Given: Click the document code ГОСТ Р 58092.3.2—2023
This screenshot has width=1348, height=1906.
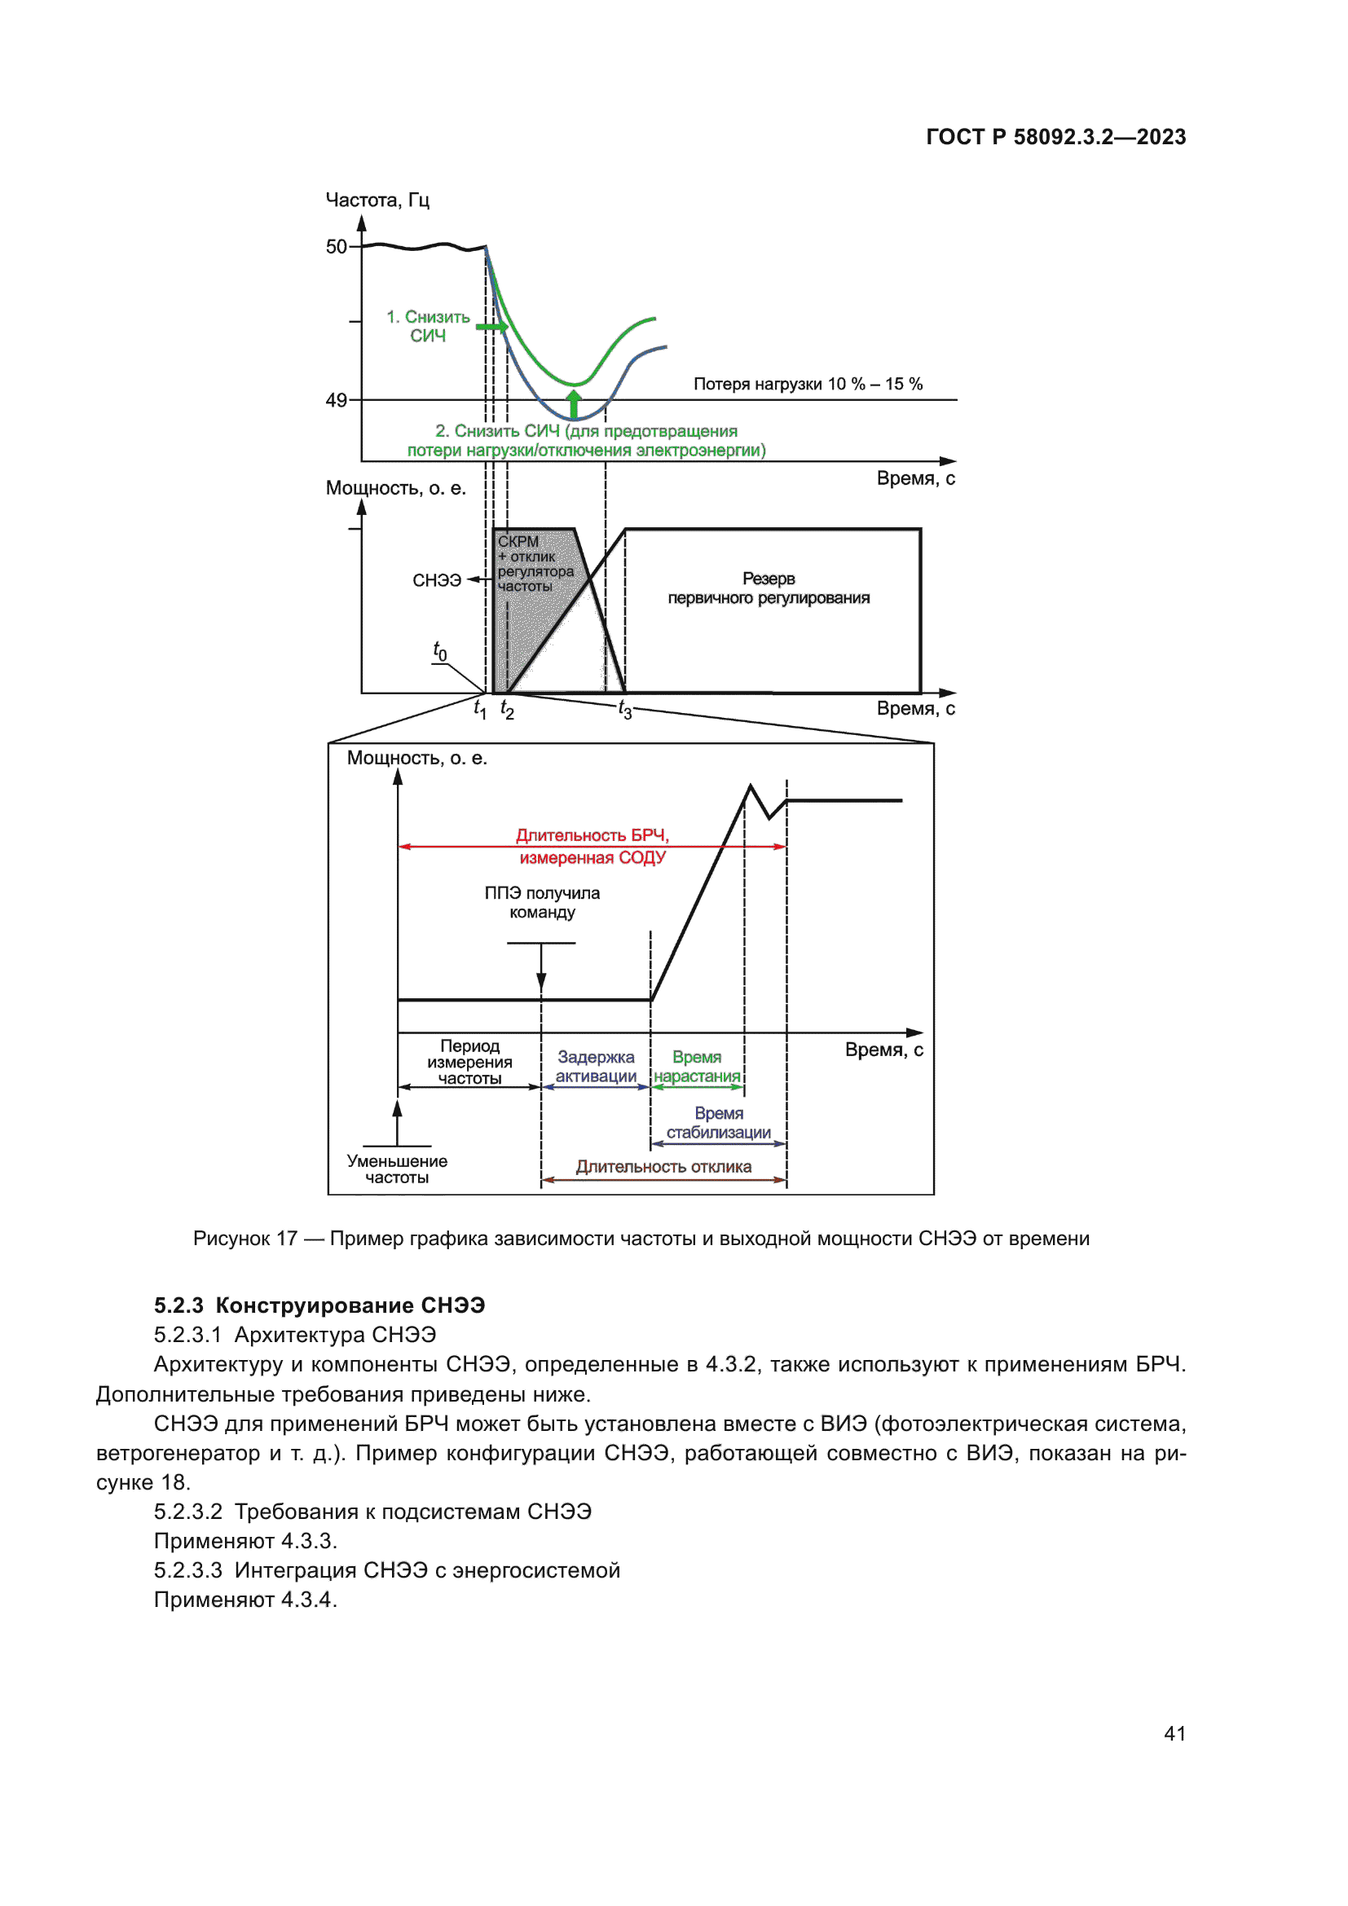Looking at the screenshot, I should click(x=1055, y=137).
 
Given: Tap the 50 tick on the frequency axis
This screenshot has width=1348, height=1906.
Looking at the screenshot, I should click(x=336, y=247).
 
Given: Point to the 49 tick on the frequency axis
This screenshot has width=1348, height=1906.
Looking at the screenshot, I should click(x=336, y=400).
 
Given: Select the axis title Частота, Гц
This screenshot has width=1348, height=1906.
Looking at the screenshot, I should click(x=377, y=200).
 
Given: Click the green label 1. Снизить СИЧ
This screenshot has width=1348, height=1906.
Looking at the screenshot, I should click(x=429, y=326).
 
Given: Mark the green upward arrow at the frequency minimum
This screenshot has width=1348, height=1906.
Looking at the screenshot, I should click(x=574, y=403).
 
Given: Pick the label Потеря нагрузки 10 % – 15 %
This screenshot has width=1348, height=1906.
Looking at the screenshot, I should click(x=808, y=385).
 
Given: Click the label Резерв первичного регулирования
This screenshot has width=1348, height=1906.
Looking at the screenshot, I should click(x=769, y=588).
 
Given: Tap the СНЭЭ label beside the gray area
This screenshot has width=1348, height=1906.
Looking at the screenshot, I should click(x=437, y=580).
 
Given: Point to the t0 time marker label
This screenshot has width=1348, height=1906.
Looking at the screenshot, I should click(x=440, y=651).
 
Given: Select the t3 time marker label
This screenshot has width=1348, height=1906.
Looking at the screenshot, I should click(x=625, y=710).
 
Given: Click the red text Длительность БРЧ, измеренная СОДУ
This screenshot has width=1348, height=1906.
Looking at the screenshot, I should click(x=593, y=846).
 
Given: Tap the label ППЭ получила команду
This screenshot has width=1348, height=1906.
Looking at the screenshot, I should click(x=542, y=902).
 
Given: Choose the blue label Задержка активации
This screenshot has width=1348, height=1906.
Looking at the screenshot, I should click(x=596, y=1067).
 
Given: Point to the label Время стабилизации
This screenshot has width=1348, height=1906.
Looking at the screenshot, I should click(x=719, y=1122).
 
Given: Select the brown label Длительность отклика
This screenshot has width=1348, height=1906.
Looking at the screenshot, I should click(x=664, y=1166).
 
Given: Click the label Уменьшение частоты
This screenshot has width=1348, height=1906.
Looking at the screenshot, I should click(x=397, y=1169).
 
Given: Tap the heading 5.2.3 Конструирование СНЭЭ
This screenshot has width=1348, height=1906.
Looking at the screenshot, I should click(x=319, y=1305).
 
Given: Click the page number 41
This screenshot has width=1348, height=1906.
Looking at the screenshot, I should click(x=1174, y=1733).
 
